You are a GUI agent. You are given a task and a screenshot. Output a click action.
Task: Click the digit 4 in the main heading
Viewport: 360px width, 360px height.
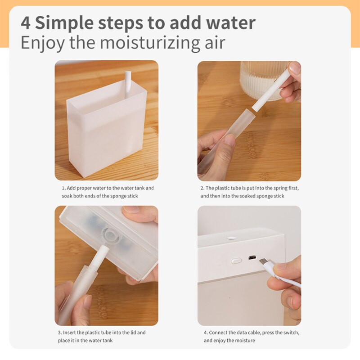26,23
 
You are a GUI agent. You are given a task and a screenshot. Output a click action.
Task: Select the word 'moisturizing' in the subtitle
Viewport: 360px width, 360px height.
151,43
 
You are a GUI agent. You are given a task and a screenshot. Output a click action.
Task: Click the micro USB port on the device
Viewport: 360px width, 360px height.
252,258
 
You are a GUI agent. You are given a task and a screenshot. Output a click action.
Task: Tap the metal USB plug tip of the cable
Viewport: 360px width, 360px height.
262,262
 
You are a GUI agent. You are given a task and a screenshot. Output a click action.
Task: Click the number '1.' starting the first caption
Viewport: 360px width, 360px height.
63,188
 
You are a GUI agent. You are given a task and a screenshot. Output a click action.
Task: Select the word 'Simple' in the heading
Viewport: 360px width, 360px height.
64,23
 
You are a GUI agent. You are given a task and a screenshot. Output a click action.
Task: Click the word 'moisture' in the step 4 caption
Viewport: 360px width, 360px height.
245,341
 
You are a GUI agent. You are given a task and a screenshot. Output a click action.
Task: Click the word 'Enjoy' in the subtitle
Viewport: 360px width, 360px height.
43,43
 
